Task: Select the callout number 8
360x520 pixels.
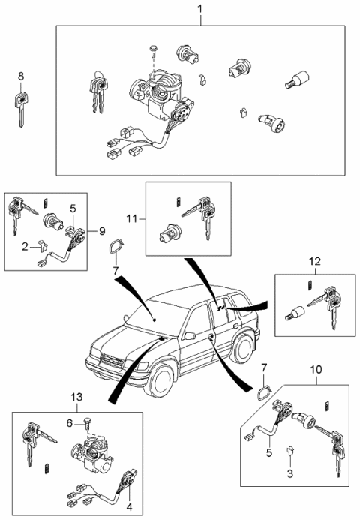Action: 20,76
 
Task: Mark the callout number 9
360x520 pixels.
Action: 101,230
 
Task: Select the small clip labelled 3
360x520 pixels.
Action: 291,451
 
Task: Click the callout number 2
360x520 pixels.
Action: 25,245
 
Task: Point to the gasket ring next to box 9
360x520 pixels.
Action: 115,247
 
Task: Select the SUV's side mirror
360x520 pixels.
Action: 191,336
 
